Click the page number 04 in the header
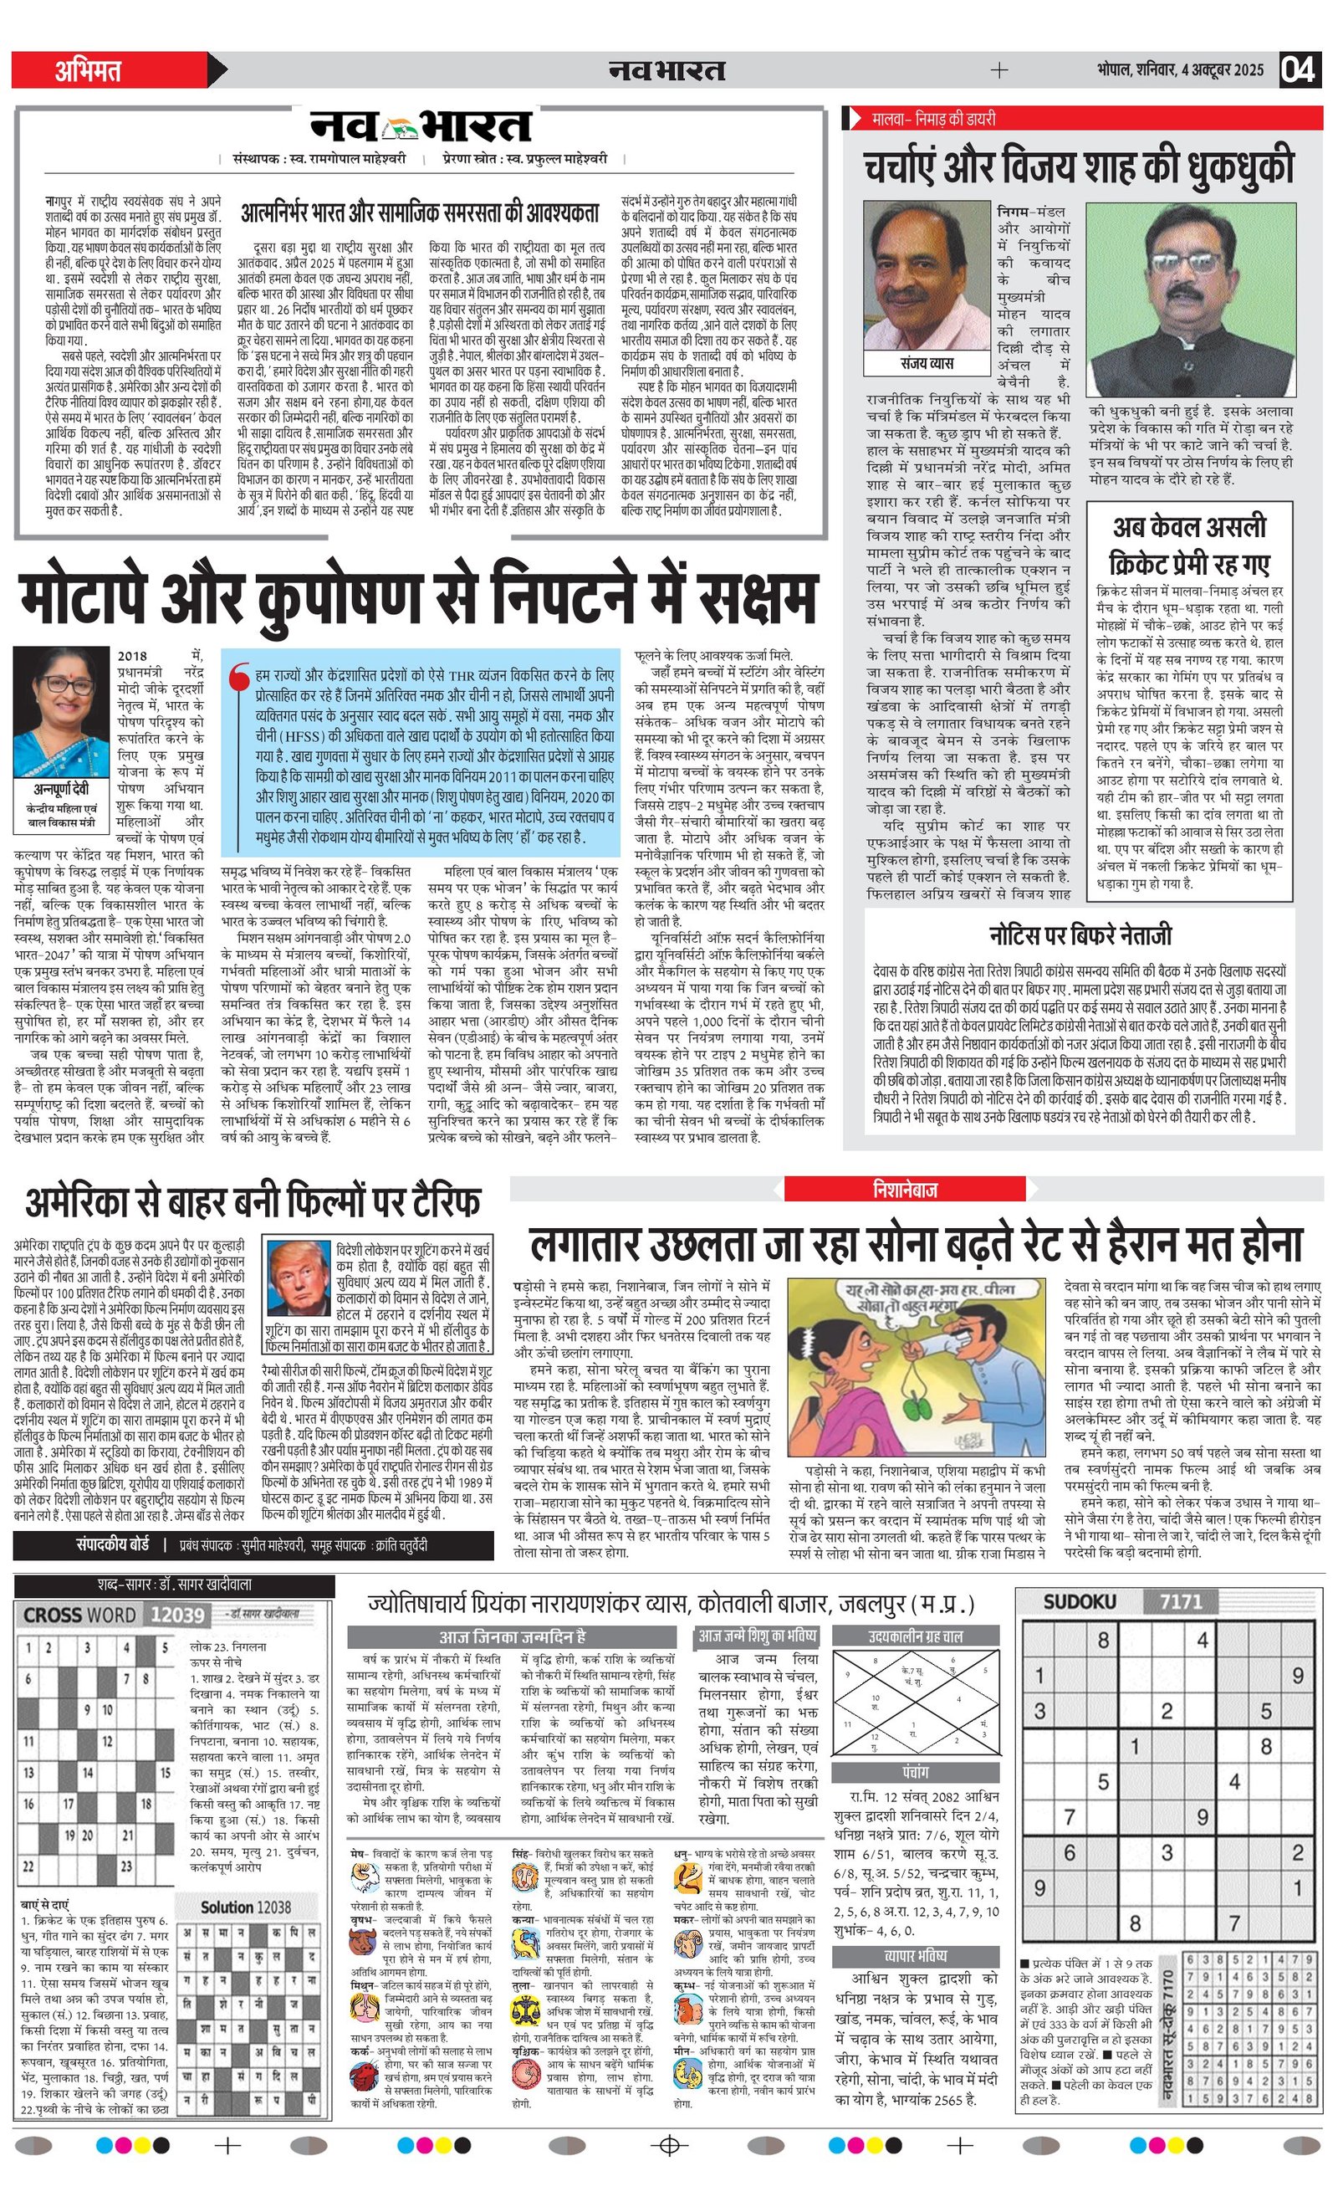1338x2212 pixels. click(x=1299, y=70)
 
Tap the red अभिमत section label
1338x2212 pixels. click(x=88, y=70)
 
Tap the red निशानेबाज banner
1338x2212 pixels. click(x=904, y=1190)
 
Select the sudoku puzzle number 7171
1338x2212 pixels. click(x=1180, y=1602)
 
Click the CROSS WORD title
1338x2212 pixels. click(x=81, y=1615)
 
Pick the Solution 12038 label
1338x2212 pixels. click(x=245, y=1907)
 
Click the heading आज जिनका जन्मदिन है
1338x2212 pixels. click(x=512, y=1636)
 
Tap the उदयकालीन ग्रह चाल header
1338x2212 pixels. click(x=916, y=1636)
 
